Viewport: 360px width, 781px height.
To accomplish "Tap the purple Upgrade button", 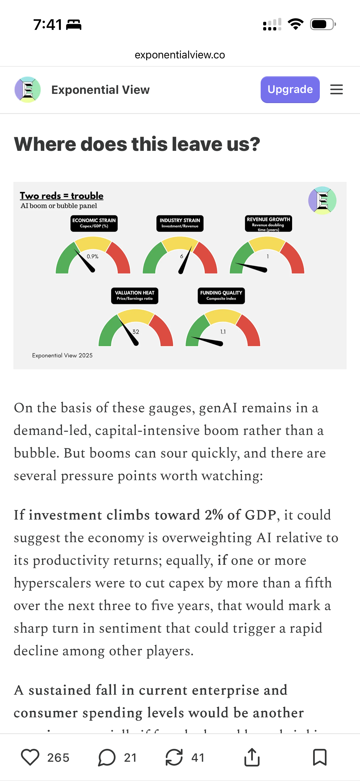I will pos(290,89).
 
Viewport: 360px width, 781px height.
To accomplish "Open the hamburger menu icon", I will pos(336,89).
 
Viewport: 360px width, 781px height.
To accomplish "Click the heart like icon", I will pos(30,757).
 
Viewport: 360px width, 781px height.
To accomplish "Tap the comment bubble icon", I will pos(107,757).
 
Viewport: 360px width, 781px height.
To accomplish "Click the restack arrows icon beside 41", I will pos(174,757).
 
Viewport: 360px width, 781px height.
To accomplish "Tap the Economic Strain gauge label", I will pos(94,223).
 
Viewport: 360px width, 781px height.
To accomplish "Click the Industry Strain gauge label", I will pos(180,223).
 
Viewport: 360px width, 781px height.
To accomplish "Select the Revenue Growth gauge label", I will pos(268,223).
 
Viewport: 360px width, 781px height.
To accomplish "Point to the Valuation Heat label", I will pos(135,296).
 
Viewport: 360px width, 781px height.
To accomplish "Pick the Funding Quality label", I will pos(221,296).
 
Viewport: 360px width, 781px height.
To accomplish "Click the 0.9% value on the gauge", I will pos(92,256).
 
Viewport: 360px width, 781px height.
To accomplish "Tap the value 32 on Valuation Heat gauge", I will pos(136,332).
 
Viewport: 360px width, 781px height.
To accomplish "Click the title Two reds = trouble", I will pos(61,196).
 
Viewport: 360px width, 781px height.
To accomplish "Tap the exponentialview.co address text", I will pos(180,55).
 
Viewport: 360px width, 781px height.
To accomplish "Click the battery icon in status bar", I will pos(322,24).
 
